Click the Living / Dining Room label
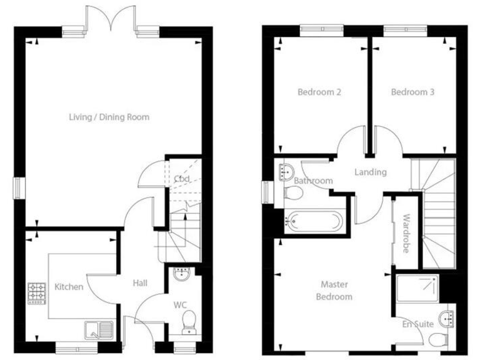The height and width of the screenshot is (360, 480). click(109, 117)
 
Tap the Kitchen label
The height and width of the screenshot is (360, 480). click(69, 287)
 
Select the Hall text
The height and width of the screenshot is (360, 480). click(140, 283)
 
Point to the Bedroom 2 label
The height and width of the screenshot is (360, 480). click(319, 92)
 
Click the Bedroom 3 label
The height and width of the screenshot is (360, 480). click(412, 92)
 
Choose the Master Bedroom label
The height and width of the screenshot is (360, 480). click(334, 291)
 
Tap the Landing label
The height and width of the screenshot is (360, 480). click(370, 172)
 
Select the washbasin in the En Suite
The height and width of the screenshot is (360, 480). click(447, 317)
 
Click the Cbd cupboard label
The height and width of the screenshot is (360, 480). click(182, 179)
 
